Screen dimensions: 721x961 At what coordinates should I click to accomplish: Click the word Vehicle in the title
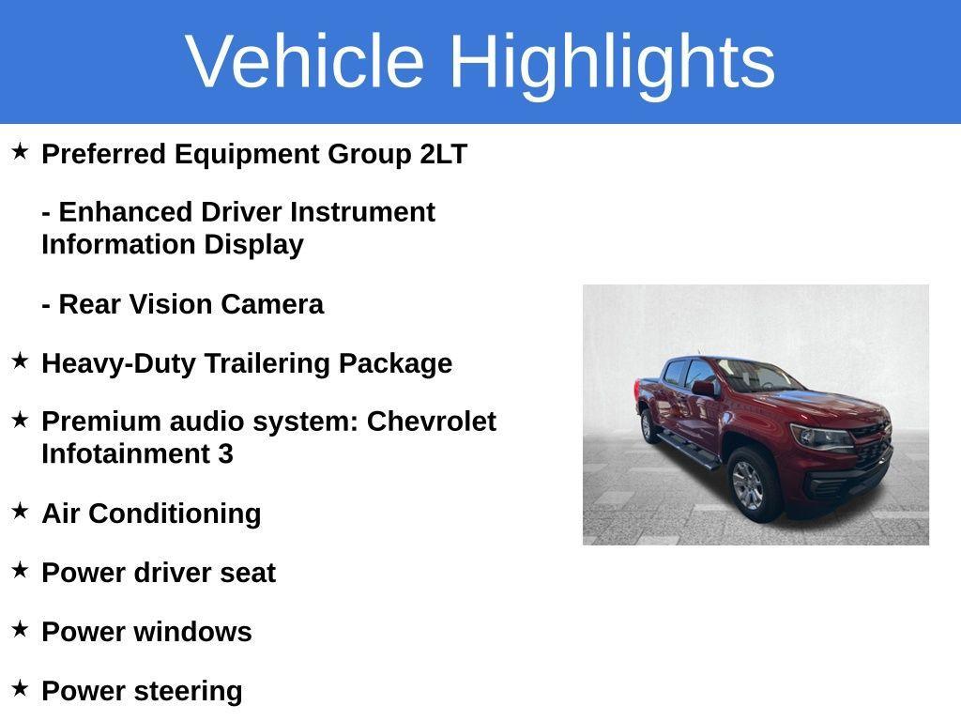[x=305, y=61]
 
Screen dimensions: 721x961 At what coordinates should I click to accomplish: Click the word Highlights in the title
[x=612, y=61]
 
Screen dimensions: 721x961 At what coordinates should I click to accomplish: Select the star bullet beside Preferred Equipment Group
[x=20, y=151]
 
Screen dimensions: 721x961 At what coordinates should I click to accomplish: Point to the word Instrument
[x=362, y=212]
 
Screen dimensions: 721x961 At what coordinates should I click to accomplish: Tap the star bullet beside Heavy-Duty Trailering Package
[x=20, y=360]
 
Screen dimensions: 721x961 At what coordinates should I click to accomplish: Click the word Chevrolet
[x=431, y=422]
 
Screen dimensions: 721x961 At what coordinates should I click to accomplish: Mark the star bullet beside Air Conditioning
[x=20, y=511]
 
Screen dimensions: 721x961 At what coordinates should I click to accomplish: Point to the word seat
[x=248, y=573]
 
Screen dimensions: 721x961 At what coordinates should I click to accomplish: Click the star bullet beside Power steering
[x=20, y=688]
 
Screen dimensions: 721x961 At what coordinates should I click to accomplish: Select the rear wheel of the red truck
[x=648, y=425]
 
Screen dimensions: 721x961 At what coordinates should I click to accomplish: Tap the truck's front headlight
[x=818, y=436]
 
